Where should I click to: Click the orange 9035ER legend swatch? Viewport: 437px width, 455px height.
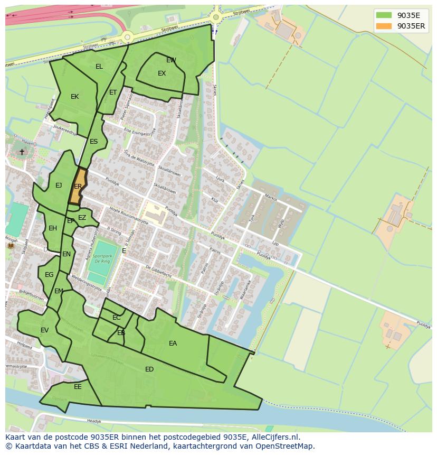point(384,26)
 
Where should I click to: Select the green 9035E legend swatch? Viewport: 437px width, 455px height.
point(384,15)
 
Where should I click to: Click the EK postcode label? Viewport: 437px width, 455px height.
point(74,97)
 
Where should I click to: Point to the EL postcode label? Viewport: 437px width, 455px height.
point(99,67)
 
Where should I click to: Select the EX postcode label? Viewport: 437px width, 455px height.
point(161,73)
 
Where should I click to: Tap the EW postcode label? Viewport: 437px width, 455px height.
point(171,60)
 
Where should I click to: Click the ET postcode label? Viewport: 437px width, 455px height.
point(113,92)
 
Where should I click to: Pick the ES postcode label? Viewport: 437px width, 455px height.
point(93,142)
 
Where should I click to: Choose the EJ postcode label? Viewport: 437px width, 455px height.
point(59,185)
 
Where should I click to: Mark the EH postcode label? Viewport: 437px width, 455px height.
point(53,228)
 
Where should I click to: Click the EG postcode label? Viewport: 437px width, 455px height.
point(49,275)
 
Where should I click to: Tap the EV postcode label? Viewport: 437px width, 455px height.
point(44,330)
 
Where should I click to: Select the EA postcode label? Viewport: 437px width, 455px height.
point(173,343)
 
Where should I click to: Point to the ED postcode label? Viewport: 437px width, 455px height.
point(149,369)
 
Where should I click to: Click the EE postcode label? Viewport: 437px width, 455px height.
point(78,387)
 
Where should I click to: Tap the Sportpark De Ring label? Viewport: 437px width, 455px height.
point(102,257)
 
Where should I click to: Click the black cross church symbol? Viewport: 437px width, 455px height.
point(22,152)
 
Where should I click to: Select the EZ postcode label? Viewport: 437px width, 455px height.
point(82,218)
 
